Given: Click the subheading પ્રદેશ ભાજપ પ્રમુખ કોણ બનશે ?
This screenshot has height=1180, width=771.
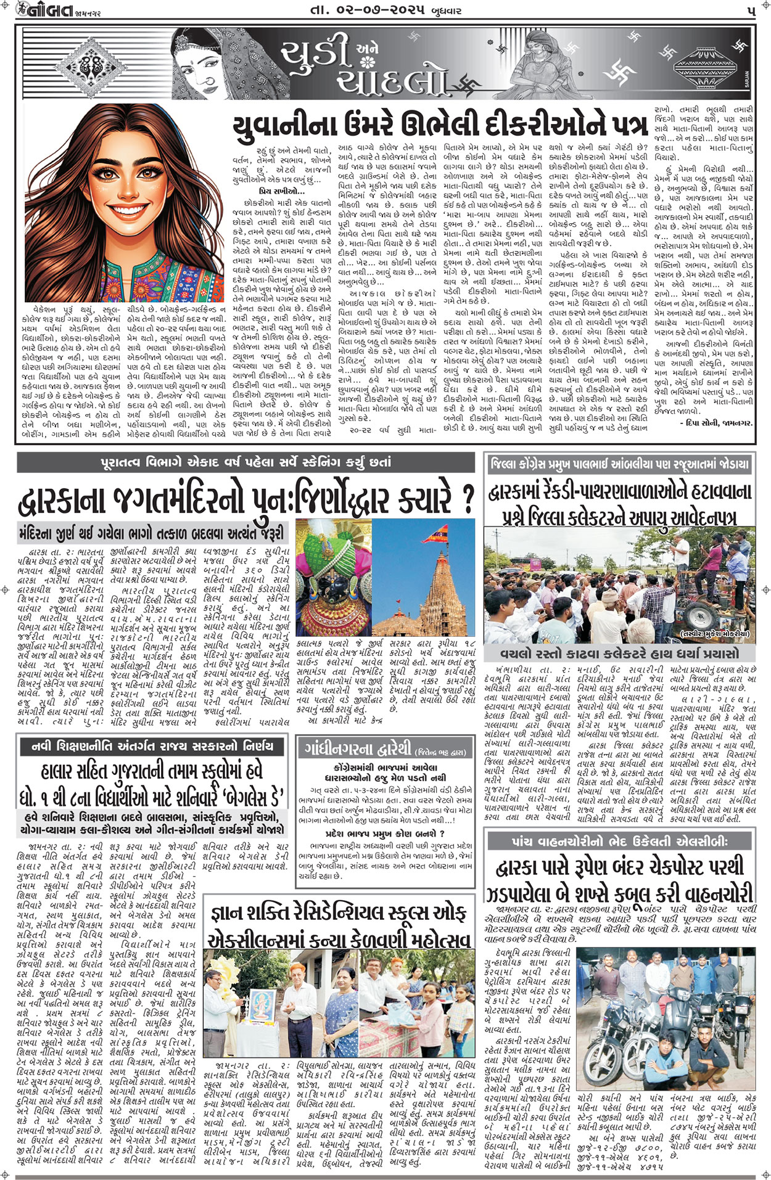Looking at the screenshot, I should coord(385,834).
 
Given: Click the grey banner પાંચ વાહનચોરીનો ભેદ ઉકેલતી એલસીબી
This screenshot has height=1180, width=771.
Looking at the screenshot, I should coord(621,841).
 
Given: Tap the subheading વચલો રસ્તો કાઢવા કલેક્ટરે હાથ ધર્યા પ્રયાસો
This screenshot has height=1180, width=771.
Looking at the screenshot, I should coord(619,653).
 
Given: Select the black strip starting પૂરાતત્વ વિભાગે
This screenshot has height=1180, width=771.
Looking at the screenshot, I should coord(245,462).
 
